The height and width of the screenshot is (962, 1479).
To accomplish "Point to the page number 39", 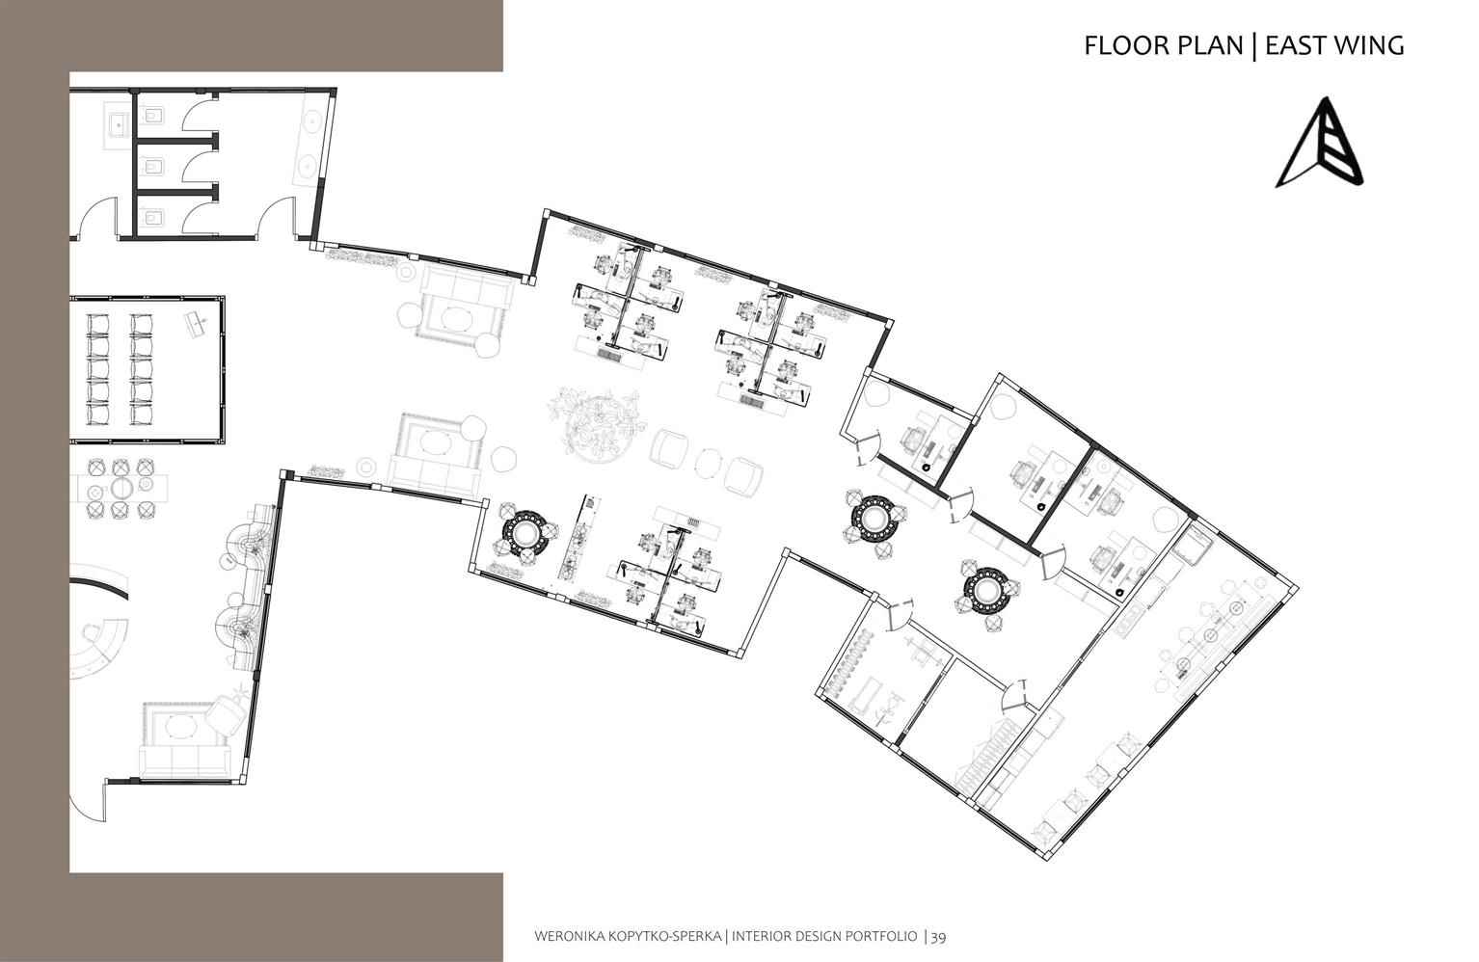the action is [x=939, y=936].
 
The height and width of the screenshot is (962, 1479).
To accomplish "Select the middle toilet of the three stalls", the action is [x=152, y=167].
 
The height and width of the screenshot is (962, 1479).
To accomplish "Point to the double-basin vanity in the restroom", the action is [x=309, y=140].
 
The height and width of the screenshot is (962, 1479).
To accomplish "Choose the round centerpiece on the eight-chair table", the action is [x=122, y=488].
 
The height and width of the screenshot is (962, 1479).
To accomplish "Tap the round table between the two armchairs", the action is [x=708, y=462].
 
